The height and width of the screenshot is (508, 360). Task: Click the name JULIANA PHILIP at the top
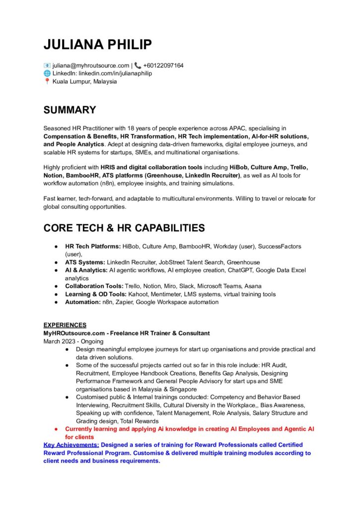98,44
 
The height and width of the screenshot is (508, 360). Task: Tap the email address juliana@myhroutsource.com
90,65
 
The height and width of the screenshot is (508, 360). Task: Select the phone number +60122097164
163,65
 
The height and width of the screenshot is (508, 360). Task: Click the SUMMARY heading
70,110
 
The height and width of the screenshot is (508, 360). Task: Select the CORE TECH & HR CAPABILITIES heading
124,228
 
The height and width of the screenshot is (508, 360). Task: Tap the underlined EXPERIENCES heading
65,325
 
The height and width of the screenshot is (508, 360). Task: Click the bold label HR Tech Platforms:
93,247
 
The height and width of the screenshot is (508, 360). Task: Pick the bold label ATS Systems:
85,262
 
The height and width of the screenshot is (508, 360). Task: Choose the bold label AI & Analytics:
86,270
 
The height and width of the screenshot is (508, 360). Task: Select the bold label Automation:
82,302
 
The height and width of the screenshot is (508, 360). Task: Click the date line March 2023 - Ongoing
73,341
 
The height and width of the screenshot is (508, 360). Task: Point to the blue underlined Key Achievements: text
71,445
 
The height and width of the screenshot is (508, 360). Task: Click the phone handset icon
138,65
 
